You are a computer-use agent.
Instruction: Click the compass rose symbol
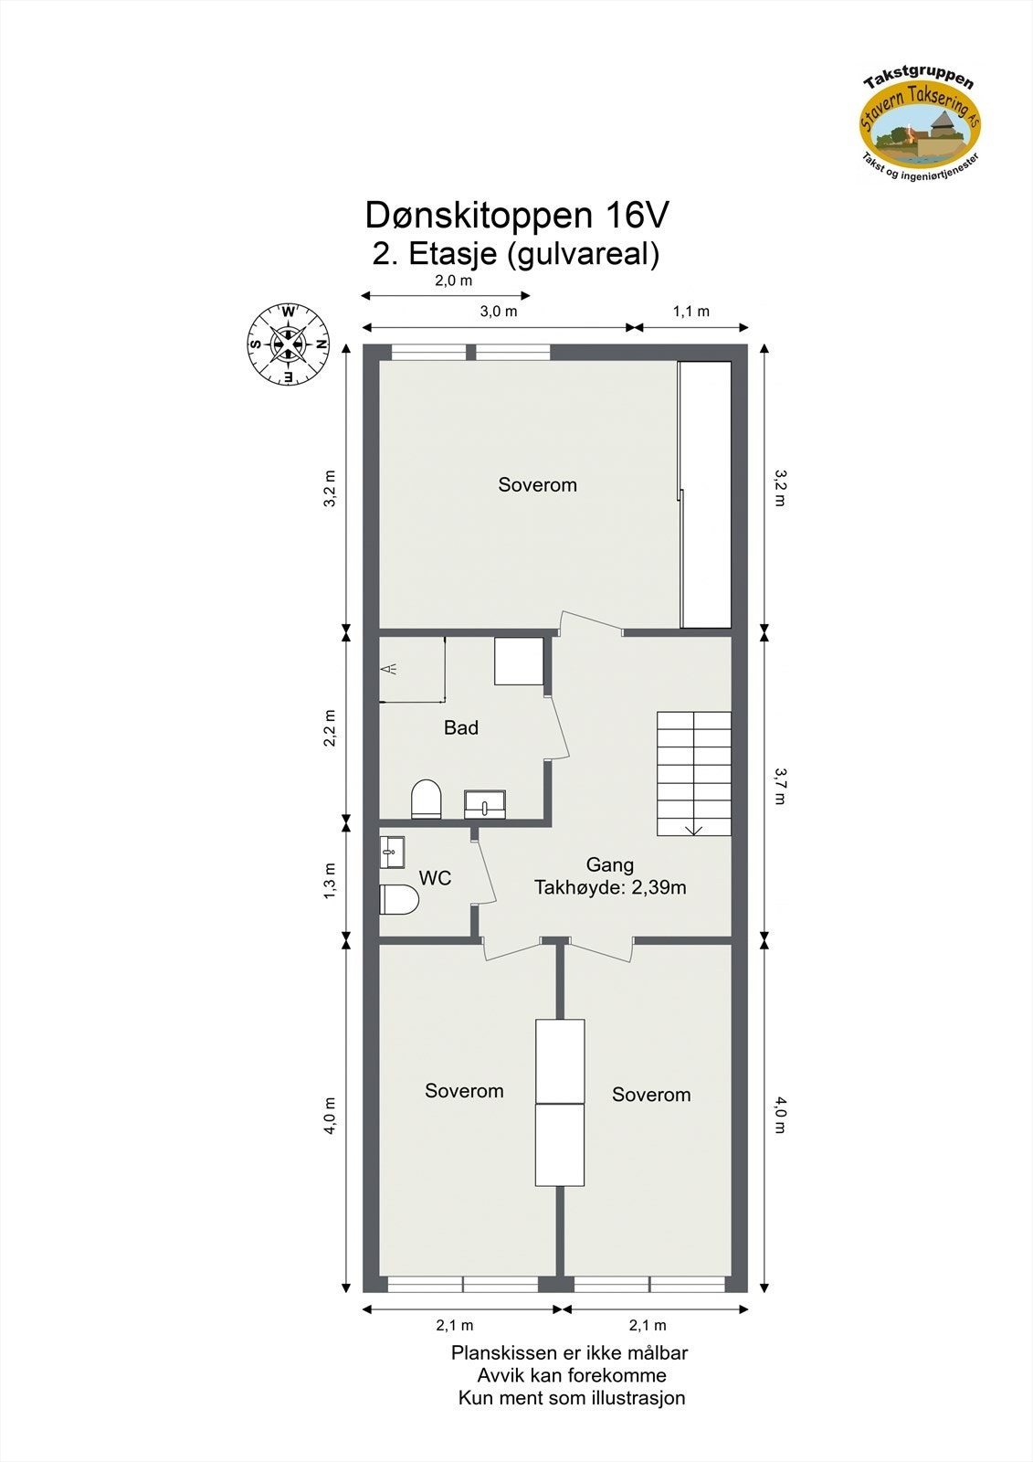coord(289,344)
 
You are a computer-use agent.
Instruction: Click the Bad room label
coord(461,728)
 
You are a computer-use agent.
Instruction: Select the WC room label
coord(435,878)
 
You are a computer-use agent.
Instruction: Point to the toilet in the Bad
coord(426,799)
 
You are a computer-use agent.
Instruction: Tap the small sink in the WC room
coord(392,852)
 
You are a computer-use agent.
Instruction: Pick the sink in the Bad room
coord(485,804)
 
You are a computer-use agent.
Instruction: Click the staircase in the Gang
coord(694,773)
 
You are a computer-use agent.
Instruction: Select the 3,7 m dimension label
coord(779,786)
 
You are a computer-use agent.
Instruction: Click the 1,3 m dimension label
coord(331,881)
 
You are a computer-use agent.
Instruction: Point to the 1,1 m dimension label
coord(691,312)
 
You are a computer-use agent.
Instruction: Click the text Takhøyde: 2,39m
coord(610,887)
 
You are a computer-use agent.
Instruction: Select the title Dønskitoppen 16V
coord(517,216)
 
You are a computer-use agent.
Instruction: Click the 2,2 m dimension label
coord(331,728)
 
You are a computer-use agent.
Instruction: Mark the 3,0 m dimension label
coord(499,312)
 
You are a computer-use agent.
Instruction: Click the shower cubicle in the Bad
coord(412,670)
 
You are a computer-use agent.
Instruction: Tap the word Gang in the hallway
coord(610,864)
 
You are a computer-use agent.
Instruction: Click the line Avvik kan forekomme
coord(572,1375)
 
